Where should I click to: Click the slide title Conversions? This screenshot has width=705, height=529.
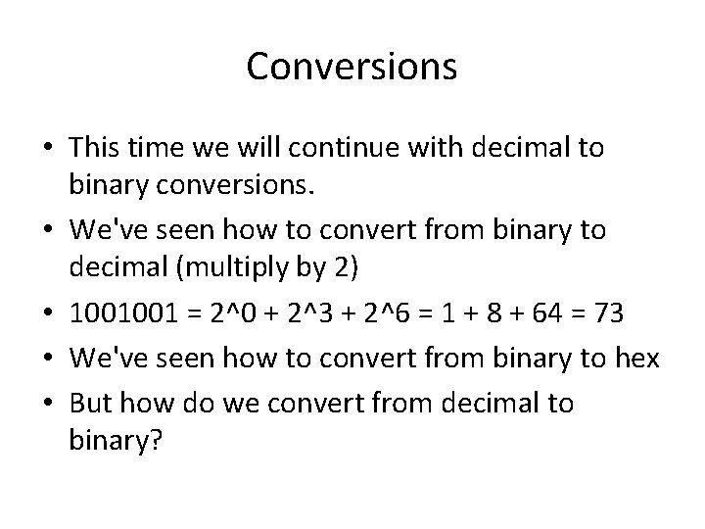(x=352, y=67)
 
